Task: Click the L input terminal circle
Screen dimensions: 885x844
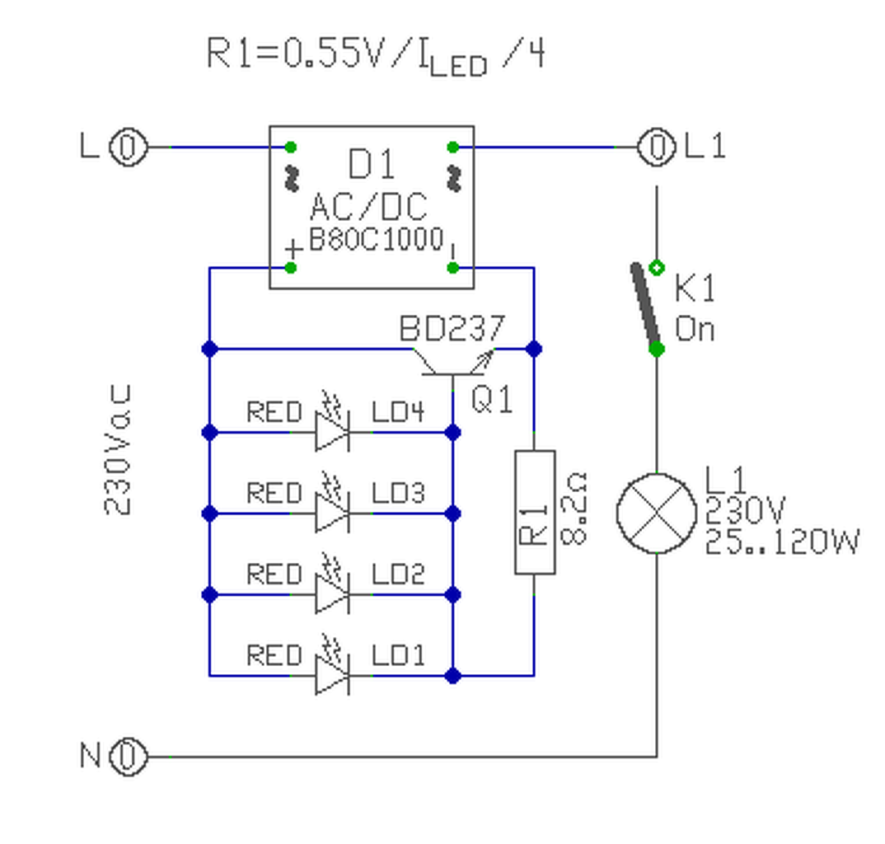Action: pyautogui.click(x=128, y=148)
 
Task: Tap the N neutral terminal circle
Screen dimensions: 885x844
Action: pyautogui.click(x=128, y=757)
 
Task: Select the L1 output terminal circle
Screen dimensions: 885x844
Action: pyautogui.click(x=657, y=148)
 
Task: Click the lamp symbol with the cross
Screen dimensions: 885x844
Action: pyautogui.click(x=657, y=513)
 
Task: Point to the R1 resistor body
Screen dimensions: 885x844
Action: pyautogui.click(x=535, y=513)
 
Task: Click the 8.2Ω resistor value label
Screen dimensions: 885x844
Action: pyautogui.click(x=574, y=509)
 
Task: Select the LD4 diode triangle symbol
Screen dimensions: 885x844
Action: pyautogui.click(x=332, y=433)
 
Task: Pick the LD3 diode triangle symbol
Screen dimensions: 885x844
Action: pyautogui.click(x=332, y=513)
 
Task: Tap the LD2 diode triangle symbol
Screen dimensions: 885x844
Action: pyautogui.click(x=332, y=594)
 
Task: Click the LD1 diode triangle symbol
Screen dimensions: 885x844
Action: pyautogui.click(x=332, y=676)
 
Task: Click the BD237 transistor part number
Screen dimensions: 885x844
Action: pyautogui.click(x=452, y=329)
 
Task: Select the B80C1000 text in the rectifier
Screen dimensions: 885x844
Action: pyautogui.click(x=377, y=239)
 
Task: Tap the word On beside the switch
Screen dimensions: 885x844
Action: pyautogui.click(x=695, y=329)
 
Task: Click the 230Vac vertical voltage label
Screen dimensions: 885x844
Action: pyautogui.click(x=118, y=449)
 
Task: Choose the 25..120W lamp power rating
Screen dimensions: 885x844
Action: pyautogui.click(x=782, y=542)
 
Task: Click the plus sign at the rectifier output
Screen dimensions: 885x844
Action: pyautogui.click(x=293, y=249)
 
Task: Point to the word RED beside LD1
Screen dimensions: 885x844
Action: pyautogui.click(x=274, y=655)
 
